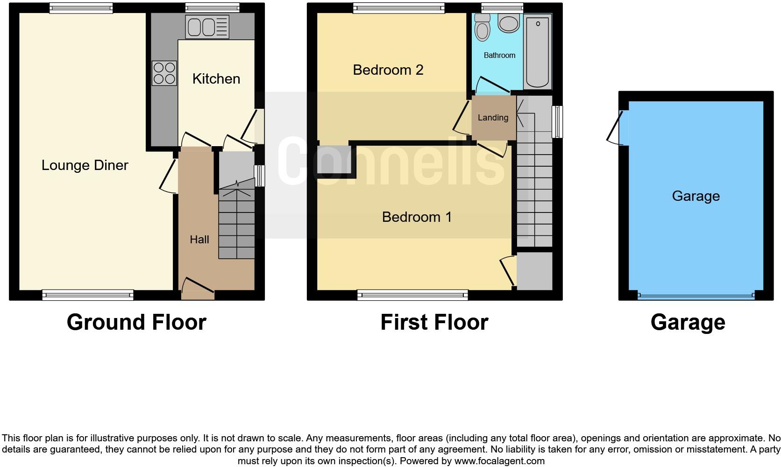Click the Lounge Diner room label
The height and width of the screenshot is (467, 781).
85,165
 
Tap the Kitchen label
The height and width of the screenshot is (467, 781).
216,79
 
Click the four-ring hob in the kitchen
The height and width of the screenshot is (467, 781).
164,74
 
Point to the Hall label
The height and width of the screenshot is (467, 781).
199,240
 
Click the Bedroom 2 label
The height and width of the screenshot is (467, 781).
388,70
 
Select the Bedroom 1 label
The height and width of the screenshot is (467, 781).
417,217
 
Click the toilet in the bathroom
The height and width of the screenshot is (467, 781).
482,28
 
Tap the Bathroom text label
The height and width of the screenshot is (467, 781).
499,56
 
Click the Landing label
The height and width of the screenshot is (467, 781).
493,118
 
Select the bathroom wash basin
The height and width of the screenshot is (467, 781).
508,23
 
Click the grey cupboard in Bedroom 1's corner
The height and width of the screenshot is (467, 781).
534,271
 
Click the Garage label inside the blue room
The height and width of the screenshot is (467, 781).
696,196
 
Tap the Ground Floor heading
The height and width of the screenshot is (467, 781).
136,322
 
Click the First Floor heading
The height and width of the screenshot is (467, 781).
434,322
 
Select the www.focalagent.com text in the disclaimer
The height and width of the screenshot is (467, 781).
499,461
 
